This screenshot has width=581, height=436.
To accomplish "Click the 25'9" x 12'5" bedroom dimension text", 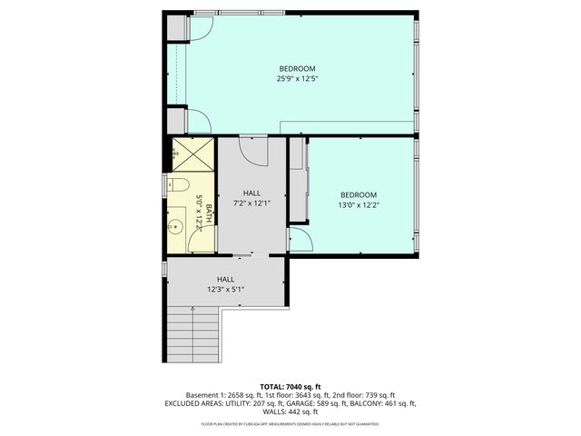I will [x=297, y=79].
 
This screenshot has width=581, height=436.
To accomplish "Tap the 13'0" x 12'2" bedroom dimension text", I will [x=358, y=204].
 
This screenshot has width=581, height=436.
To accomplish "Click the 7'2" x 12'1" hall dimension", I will [x=251, y=203].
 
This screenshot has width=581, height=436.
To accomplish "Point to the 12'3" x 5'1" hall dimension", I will [x=225, y=290].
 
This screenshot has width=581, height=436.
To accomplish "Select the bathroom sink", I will [x=179, y=225].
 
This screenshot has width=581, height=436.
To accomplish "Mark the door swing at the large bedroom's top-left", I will [x=198, y=29].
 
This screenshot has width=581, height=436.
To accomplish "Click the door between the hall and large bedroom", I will [x=253, y=148].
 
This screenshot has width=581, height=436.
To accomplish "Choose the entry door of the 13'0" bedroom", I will [x=301, y=240].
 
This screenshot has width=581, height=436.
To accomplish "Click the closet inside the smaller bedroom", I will [x=297, y=182].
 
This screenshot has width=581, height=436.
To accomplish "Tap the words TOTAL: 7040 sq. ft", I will [x=290, y=385].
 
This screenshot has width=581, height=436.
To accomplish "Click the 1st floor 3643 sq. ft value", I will [x=286, y=394].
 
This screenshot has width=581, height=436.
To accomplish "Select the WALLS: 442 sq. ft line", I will [x=290, y=412].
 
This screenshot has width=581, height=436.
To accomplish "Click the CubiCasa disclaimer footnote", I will [x=290, y=424].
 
